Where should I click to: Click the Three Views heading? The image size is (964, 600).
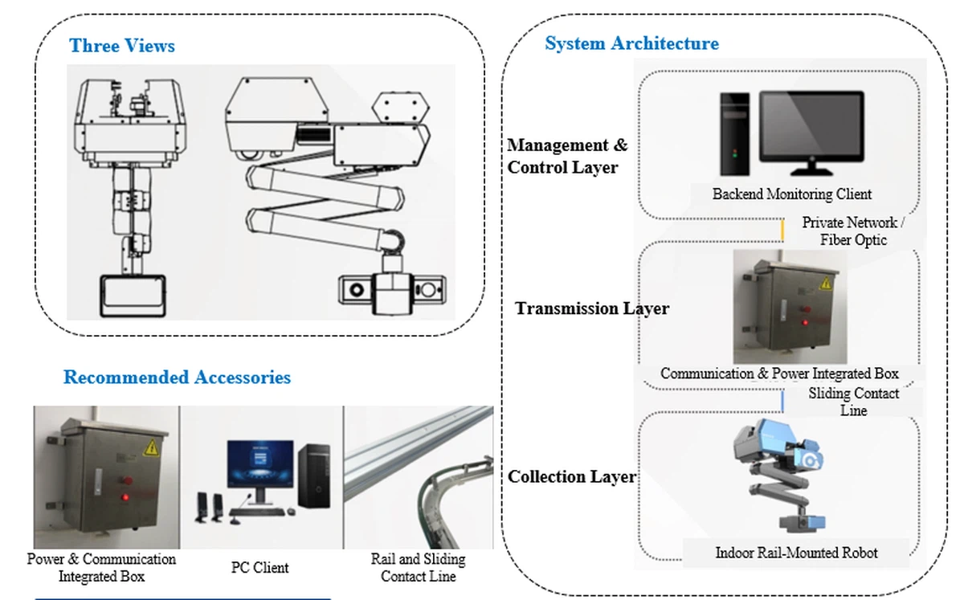pos(122,46)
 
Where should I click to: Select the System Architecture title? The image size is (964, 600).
pos(631,43)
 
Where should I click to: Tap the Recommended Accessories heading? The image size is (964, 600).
pos(177,377)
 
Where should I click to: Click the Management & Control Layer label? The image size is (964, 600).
pos(566,156)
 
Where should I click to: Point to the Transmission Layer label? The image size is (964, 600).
pos(591,308)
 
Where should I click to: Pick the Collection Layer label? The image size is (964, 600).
pos(571,476)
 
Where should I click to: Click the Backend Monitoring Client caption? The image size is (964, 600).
pos(791,194)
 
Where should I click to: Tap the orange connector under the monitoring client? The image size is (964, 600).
pos(783,230)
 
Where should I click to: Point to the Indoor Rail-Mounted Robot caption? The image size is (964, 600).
pos(796,553)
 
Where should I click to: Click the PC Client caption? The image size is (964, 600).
pos(259,568)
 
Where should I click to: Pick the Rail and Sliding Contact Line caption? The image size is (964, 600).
pos(418,567)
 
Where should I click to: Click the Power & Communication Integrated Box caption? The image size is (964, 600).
pos(101,567)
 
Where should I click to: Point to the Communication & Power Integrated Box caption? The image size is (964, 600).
pos(779,373)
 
